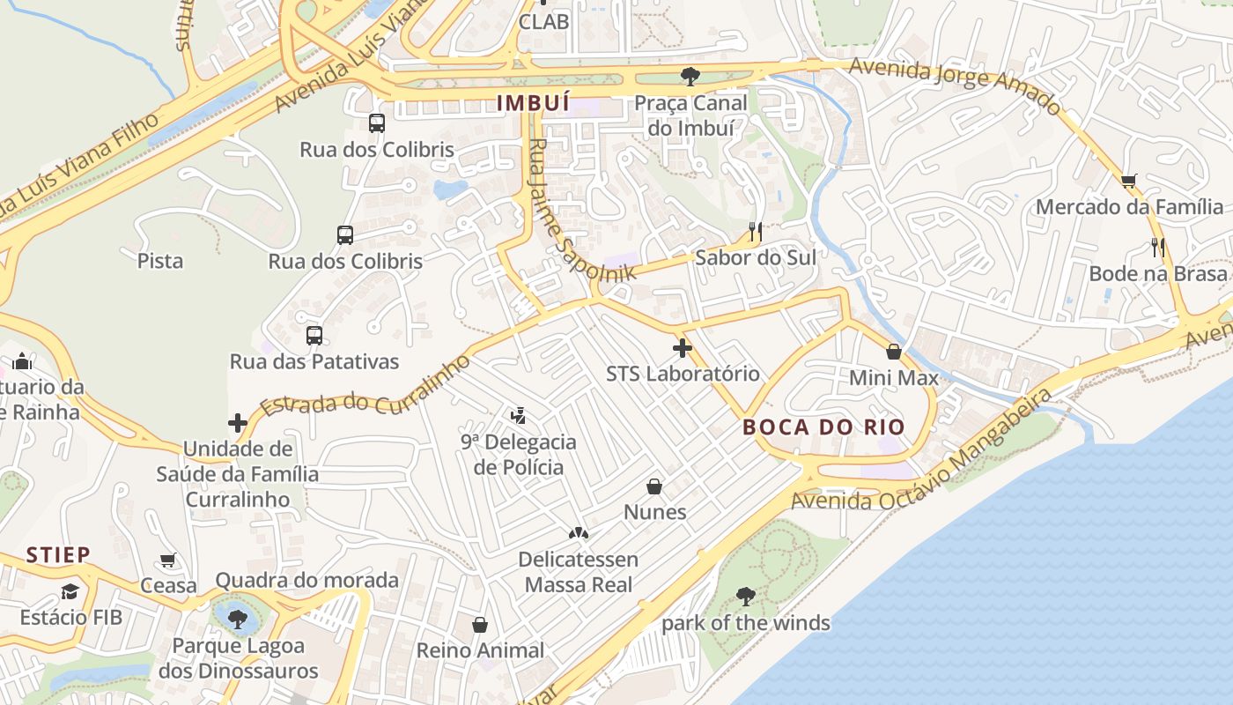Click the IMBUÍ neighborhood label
click(533, 103)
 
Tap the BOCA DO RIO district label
click(823, 427)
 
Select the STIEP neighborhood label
click(58, 555)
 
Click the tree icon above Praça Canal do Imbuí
click(690, 77)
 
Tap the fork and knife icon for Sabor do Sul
click(755, 232)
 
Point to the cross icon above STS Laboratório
click(683, 347)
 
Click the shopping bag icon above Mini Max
click(894, 352)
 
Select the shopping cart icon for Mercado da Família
click(1129, 182)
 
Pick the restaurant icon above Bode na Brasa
click(1158, 248)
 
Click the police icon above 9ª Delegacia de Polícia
click(519, 415)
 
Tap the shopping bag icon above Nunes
click(654, 486)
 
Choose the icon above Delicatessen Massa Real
click(578, 533)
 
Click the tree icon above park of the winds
click(746, 597)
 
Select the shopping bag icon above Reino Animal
click(480, 625)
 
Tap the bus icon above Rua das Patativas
click(314, 336)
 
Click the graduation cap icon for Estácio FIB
click(70, 591)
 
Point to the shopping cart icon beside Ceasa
click(168, 560)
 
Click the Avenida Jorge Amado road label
click(956, 86)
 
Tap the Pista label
click(160, 261)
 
